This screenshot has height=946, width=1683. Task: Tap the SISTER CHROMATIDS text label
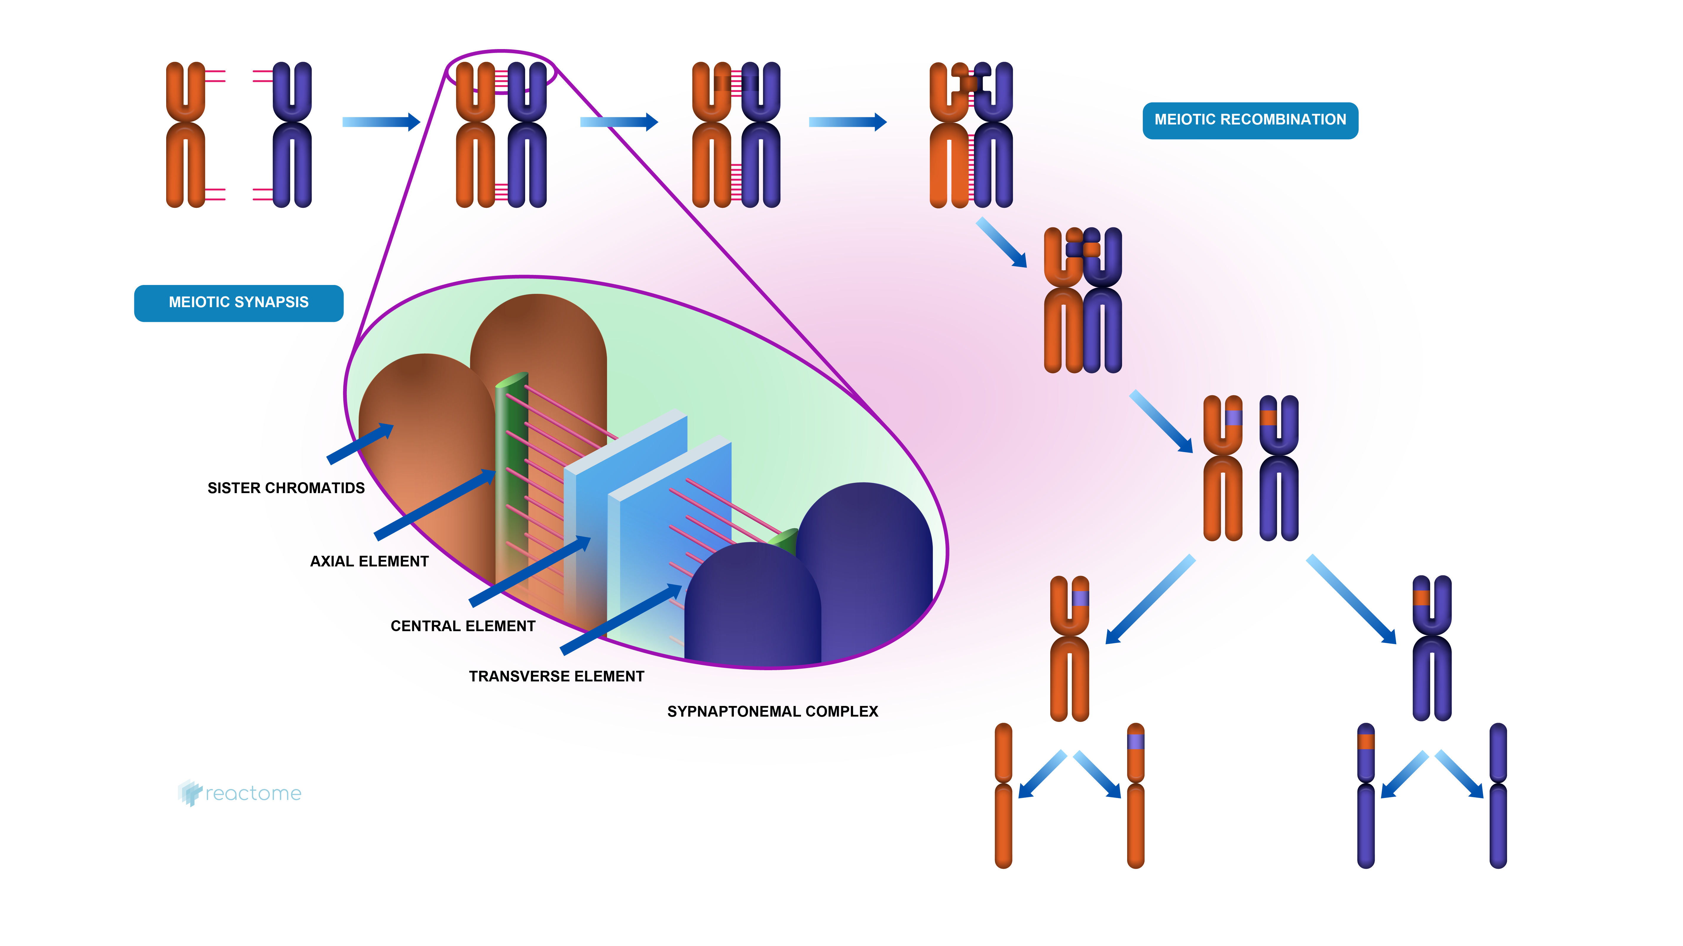[286, 488]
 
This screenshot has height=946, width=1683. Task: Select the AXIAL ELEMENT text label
[369, 561]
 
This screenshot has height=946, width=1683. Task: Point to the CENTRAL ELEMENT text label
[462, 626]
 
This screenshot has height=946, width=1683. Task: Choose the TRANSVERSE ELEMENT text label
[556, 676]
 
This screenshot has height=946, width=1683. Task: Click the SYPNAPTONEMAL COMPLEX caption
[772, 712]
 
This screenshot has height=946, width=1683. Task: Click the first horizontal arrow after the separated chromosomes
[381, 122]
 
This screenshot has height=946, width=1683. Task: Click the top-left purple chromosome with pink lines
[291, 135]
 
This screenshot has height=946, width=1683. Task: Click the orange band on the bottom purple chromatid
[1365, 741]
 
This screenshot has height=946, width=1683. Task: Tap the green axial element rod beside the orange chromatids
[511, 477]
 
